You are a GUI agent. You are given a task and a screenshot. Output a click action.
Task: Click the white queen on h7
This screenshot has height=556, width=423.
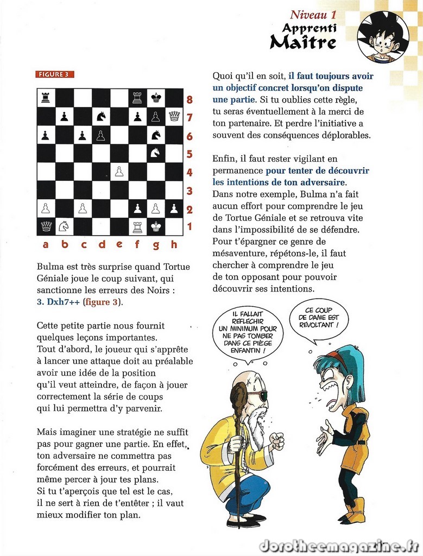[174, 116]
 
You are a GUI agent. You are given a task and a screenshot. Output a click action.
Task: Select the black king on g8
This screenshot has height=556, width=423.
[156, 98]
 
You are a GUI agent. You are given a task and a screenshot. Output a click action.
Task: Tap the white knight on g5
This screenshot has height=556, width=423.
[156, 153]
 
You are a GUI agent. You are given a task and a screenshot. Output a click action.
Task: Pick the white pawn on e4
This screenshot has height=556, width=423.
[119, 172]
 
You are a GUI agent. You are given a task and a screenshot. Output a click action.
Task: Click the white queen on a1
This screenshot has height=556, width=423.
[46, 226]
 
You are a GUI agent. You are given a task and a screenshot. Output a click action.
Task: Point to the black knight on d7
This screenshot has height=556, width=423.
[101, 116]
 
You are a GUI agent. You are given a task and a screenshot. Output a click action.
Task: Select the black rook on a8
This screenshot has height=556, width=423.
[46, 98]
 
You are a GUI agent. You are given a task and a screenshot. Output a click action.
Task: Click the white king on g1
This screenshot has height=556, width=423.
[156, 226]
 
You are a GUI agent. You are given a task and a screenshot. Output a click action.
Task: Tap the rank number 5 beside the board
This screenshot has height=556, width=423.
[190, 154]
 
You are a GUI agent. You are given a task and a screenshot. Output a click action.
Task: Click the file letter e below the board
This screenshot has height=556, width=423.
[119, 245]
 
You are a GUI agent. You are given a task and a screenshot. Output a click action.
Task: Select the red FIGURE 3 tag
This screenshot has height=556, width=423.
[55, 74]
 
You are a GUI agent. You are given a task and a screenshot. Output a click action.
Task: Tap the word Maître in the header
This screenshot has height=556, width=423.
[302, 42]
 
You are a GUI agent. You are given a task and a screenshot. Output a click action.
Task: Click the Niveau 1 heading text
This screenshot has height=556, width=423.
[313, 15]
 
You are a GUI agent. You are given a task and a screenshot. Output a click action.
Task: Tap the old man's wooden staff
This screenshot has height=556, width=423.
[239, 451]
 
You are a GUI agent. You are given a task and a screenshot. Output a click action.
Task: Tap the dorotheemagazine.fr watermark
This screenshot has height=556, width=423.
[338, 545]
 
